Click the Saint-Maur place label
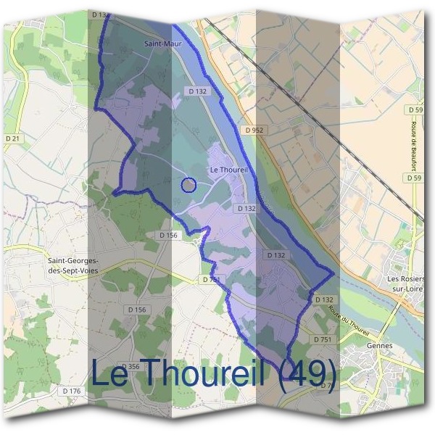[x=162, y=43]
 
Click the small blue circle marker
[x=188, y=185]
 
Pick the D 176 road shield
[x=71, y=391]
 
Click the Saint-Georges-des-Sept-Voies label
[x=73, y=265]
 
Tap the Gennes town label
[x=380, y=346]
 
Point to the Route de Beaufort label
[x=418, y=144]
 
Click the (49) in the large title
[x=307, y=376]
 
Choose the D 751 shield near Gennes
[x=323, y=339]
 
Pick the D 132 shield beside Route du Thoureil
[x=323, y=299]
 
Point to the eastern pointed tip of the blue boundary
[x=333, y=275]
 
